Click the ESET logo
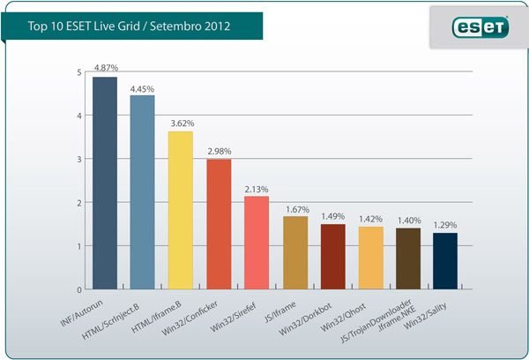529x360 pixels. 480,28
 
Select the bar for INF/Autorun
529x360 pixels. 105,184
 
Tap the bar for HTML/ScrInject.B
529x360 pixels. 143,192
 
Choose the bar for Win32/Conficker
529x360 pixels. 219,224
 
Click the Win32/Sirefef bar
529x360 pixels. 257,243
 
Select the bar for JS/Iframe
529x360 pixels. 295,252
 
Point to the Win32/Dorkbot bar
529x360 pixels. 332,257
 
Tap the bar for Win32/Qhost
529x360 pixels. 371,258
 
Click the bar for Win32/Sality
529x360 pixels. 446,261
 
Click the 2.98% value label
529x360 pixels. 220,151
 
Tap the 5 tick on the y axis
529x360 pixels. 79,71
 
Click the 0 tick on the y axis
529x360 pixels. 79,289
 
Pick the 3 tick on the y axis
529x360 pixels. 79,159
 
